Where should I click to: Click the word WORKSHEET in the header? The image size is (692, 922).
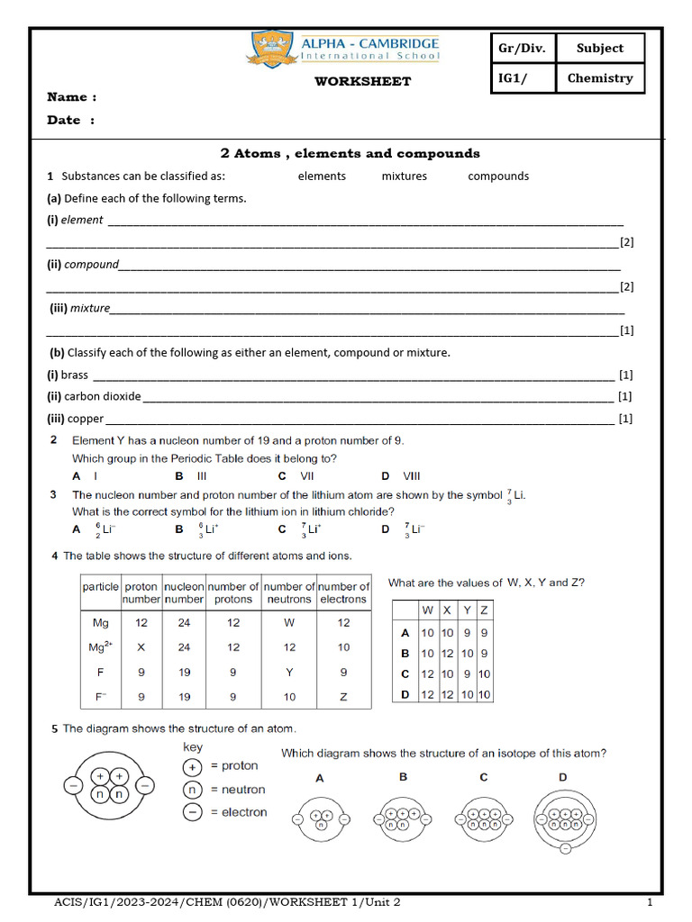[x=362, y=81]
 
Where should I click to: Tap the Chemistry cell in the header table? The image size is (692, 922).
[x=600, y=78]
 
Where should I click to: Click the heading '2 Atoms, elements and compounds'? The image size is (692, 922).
[x=351, y=153]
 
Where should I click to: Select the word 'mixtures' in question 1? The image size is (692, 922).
[x=404, y=176]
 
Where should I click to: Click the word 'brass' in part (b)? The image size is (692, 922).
[x=75, y=375]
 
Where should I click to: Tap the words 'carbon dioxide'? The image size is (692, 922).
[x=103, y=396]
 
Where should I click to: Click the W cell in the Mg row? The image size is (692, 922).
[x=289, y=622]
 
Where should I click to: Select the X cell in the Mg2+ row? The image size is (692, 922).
[x=141, y=646]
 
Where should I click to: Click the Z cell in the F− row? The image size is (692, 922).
[x=343, y=696]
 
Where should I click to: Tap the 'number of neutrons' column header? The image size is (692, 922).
[x=289, y=592]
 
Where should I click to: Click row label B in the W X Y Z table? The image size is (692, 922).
[x=405, y=654]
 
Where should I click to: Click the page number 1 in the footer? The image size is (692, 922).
[x=650, y=902]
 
